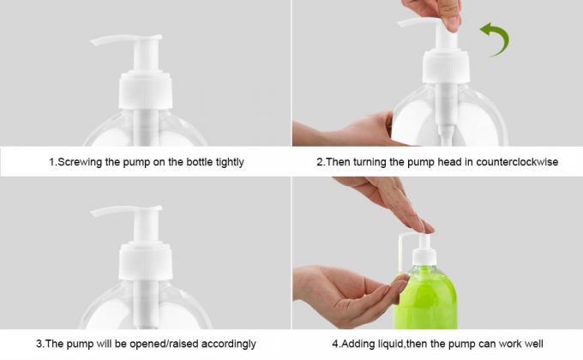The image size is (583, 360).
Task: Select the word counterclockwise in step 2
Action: pyautogui.click(x=517, y=162)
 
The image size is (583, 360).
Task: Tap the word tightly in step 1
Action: pyautogui.click(x=230, y=162)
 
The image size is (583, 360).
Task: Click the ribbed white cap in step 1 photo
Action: pyautogui.click(x=146, y=90)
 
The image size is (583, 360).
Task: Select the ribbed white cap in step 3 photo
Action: pyautogui.click(x=146, y=261)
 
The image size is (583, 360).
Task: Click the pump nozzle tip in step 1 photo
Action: pyautogui.click(x=93, y=42)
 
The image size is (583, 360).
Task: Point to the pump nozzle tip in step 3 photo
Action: pyautogui.click(x=93, y=213)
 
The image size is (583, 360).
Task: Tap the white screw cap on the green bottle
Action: pyautogui.click(x=424, y=256)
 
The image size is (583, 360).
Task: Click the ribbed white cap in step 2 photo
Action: pyautogui.click(x=446, y=67)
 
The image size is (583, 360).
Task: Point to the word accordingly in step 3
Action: pyautogui.click(x=228, y=344)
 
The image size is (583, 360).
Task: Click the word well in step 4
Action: pyautogui.click(x=533, y=344)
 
